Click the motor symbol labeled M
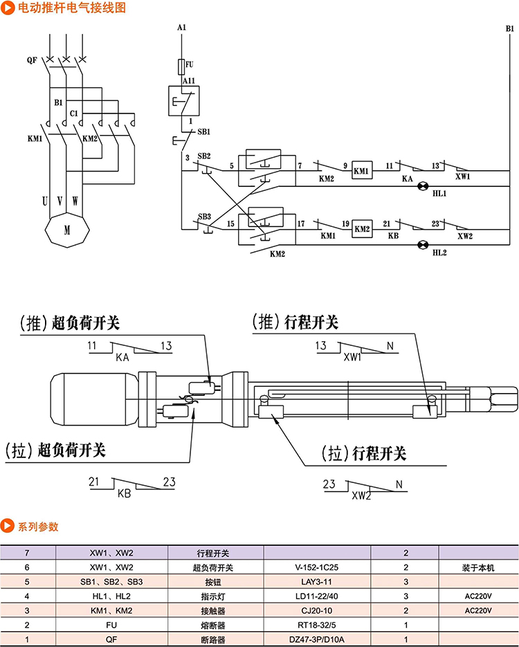67,230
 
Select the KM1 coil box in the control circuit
361,170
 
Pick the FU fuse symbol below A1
182,66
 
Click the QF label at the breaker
32,60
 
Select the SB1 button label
204,131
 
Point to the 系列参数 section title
38,527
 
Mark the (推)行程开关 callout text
295,322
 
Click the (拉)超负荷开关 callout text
55,450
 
